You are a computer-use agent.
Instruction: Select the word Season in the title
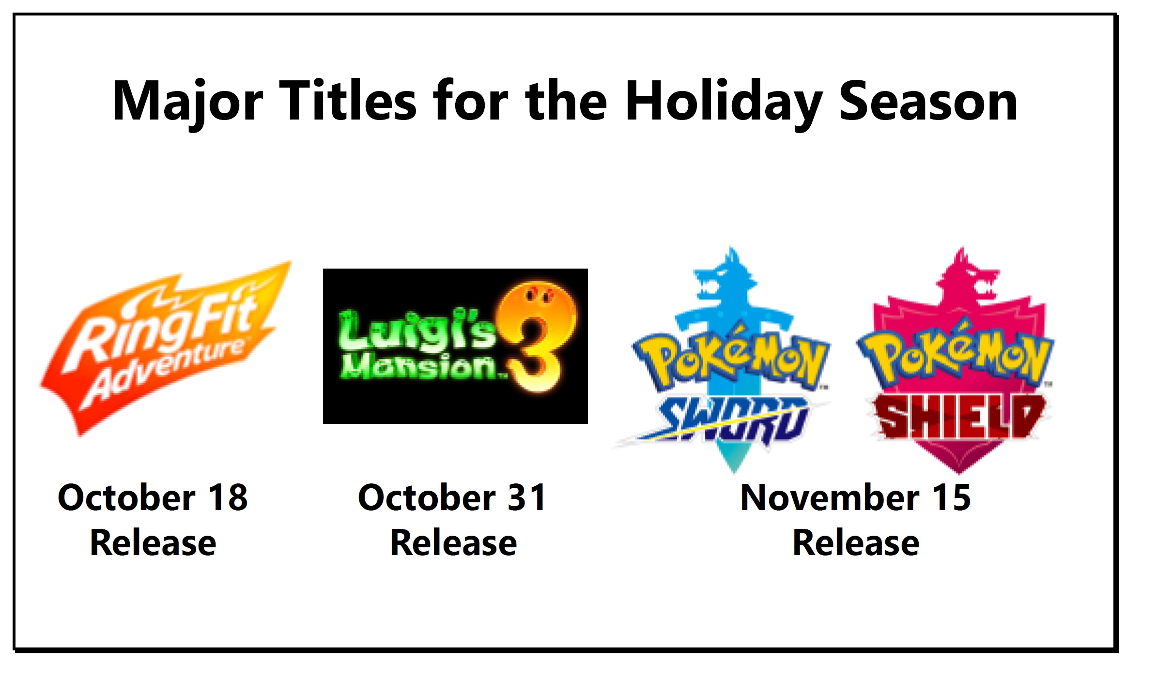[x=928, y=102]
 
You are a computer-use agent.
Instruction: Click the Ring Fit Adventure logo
[x=165, y=348]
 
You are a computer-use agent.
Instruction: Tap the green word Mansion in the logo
[x=419, y=366]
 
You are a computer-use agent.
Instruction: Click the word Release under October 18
[x=153, y=542]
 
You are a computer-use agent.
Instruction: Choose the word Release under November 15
[x=856, y=542]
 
